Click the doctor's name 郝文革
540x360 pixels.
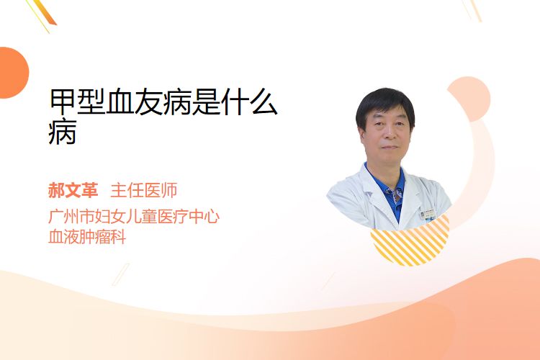(73, 191)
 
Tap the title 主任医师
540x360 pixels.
(144, 191)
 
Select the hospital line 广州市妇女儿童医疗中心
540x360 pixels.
(134, 217)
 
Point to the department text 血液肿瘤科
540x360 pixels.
(87, 237)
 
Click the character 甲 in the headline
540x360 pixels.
(63, 102)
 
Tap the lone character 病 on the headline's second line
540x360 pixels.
(63, 132)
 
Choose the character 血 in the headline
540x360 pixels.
(120, 102)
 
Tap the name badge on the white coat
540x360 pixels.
(428, 215)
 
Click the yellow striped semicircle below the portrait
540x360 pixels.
(410, 246)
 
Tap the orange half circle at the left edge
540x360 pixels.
(14, 73)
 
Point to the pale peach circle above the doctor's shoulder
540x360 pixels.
(469, 99)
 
